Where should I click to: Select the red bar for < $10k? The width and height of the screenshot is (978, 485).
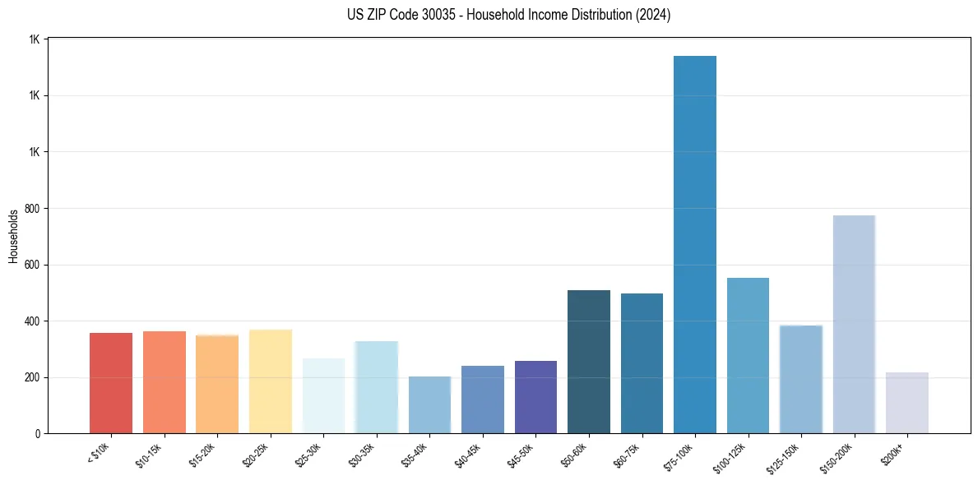click(111, 383)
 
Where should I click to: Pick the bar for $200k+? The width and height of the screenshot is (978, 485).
click(907, 403)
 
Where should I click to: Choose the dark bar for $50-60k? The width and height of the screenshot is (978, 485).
click(589, 362)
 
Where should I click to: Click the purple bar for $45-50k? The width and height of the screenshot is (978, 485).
click(535, 397)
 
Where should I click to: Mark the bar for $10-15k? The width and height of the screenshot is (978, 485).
click(165, 382)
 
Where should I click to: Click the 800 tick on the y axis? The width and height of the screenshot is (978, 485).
click(32, 209)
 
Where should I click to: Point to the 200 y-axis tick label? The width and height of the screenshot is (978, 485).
click(32, 378)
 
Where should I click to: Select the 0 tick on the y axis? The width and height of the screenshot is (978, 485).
click(38, 434)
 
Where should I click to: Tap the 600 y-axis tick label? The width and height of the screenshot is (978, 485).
click(32, 266)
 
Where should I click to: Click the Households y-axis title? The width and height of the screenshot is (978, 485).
click(13, 236)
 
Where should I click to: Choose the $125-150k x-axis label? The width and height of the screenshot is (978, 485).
click(785, 457)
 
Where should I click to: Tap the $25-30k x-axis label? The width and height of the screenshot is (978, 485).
click(308, 455)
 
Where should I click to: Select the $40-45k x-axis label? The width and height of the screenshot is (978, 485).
click(468, 455)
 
